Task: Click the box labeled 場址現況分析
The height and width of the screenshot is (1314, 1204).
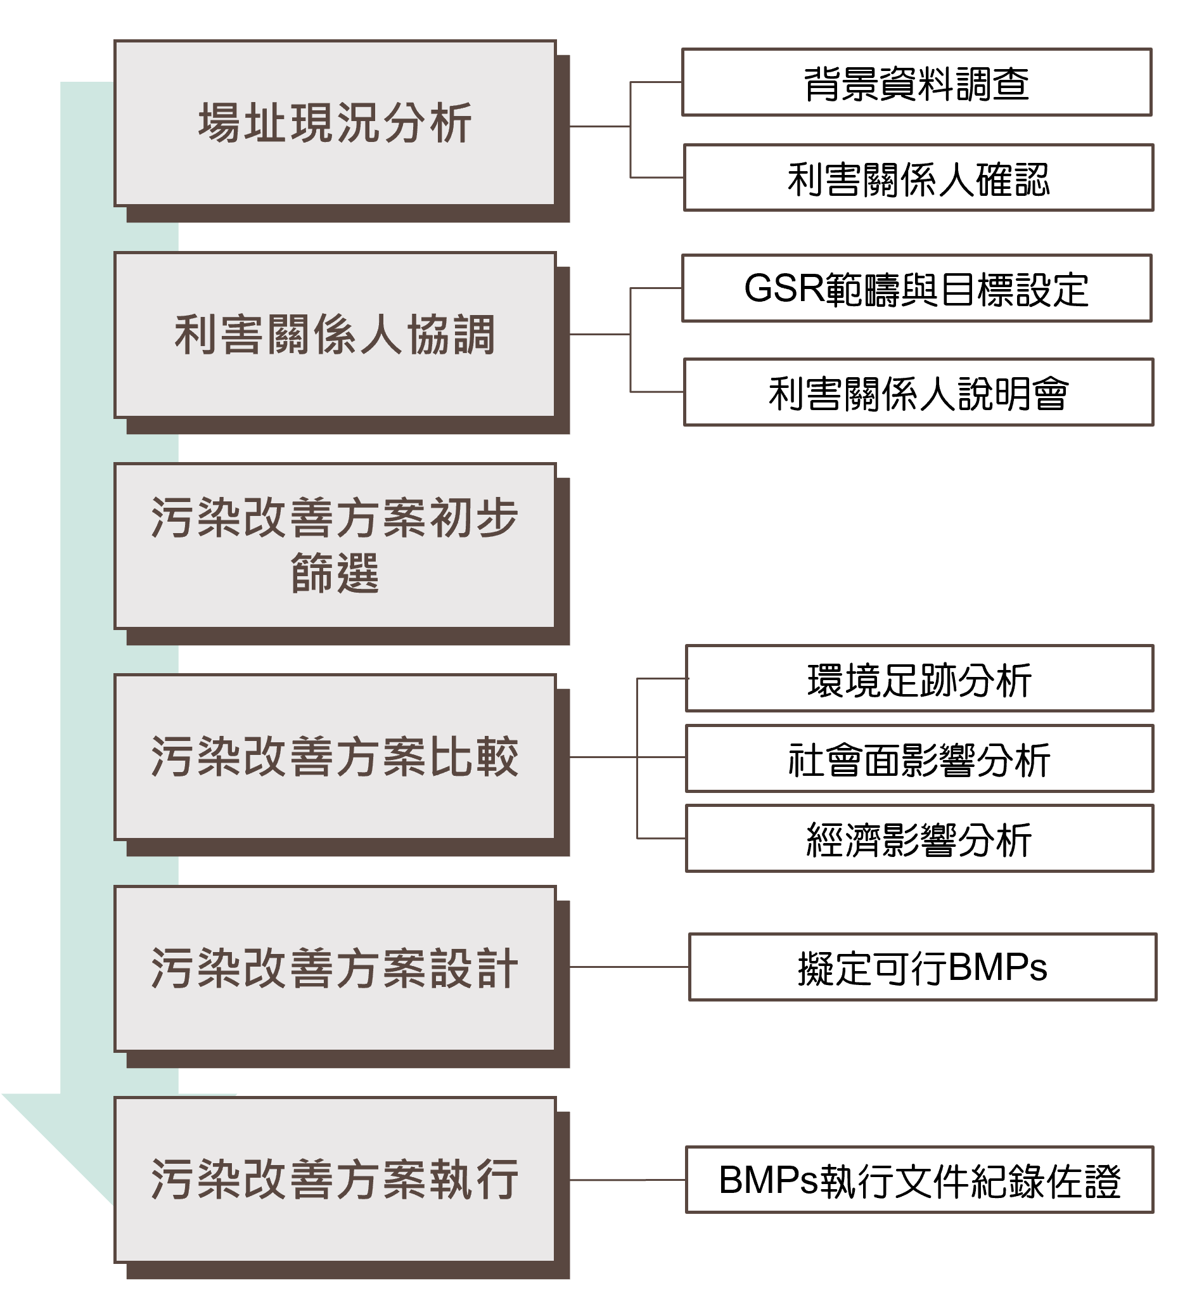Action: (335, 124)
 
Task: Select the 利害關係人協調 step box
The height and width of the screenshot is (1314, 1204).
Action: (335, 335)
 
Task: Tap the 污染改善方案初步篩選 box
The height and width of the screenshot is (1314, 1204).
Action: (335, 546)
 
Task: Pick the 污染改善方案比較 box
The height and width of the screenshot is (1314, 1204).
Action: (335, 757)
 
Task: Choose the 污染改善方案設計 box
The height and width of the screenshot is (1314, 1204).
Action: (335, 969)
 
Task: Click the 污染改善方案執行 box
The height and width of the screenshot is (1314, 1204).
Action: (335, 1180)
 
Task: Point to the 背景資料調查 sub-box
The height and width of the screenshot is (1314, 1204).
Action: (917, 83)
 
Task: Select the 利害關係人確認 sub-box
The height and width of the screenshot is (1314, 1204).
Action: (919, 178)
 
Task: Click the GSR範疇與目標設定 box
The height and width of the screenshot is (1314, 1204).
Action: (917, 289)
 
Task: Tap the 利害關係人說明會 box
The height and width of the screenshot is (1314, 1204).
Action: (919, 392)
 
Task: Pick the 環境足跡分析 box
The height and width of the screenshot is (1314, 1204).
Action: (919, 679)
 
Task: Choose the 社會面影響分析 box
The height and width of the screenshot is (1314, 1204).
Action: (919, 759)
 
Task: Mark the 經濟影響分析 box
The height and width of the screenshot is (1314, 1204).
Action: (919, 839)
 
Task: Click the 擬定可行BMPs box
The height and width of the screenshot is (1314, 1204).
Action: (923, 968)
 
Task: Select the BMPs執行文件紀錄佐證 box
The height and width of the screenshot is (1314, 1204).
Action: (919, 1180)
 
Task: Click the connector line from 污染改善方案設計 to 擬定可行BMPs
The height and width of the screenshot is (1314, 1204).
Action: (629, 967)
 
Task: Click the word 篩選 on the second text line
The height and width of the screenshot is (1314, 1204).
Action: (335, 574)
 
